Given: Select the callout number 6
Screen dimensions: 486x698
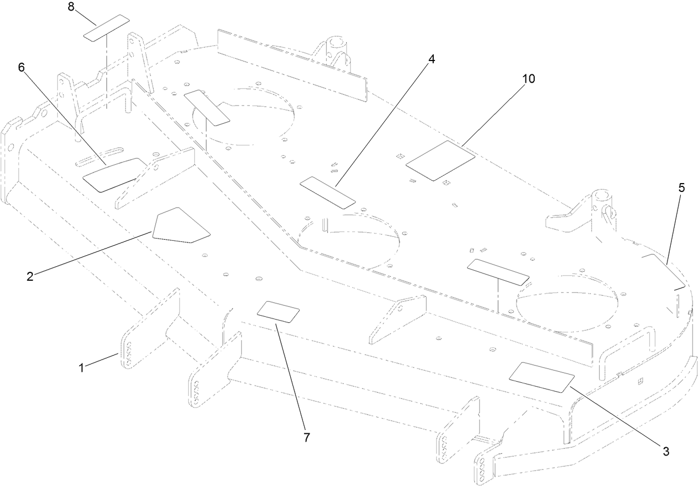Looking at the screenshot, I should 22,67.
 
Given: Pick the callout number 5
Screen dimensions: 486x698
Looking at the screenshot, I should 681,188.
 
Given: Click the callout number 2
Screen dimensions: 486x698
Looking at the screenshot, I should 30,276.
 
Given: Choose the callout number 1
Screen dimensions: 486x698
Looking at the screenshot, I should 81,367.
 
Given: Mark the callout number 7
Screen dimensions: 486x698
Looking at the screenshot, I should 305,437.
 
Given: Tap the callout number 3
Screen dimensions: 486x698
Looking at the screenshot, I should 665,452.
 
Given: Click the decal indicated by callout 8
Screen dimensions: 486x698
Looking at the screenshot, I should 106,28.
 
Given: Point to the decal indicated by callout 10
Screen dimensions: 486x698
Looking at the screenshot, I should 441,160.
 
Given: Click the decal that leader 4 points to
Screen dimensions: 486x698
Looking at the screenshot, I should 327,193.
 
